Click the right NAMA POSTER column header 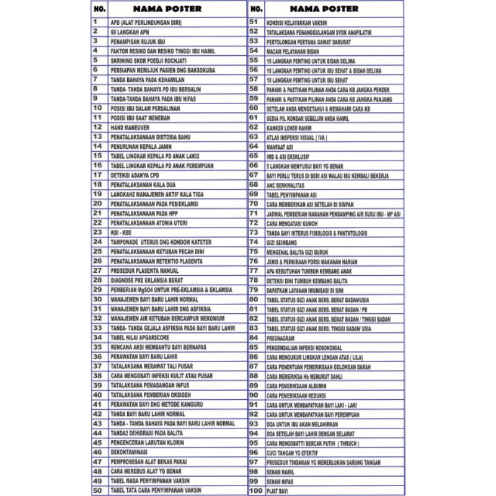[x=324, y=9]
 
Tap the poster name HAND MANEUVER [x=128, y=127]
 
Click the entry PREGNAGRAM [x=281, y=337]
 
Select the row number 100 [x=255, y=490]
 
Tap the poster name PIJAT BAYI [x=277, y=490]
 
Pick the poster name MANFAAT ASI [x=280, y=146]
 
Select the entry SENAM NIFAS [x=279, y=481]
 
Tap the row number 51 [x=254, y=22]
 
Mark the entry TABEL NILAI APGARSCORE [x=139, y=337]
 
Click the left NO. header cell [x=99, y=9]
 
